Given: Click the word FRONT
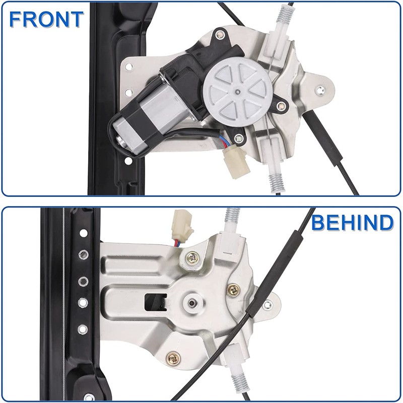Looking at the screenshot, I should (46, 19).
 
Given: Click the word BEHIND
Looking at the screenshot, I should (352, 222).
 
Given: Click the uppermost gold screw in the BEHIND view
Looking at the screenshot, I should (192, 258).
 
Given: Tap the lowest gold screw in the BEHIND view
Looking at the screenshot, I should (173, 358).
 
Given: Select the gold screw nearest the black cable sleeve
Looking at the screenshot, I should (233, 289).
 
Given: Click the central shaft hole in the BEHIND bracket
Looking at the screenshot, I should (193, 303).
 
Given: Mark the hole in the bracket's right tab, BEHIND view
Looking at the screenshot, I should (267, 304).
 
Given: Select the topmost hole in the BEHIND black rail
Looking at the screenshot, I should (83, 233).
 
